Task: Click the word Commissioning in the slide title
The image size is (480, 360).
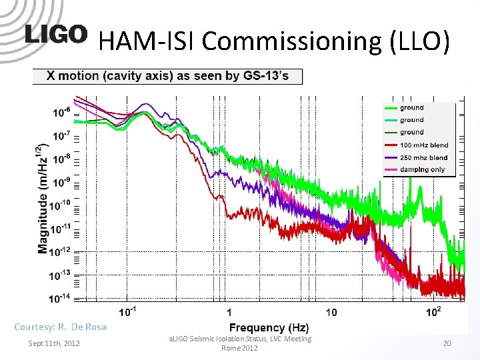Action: (291, 41)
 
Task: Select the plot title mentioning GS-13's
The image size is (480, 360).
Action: (167, 76)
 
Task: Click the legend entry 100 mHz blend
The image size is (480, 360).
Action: (423, 145)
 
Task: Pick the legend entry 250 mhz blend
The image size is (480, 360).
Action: (423, 158)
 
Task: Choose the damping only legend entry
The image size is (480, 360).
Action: (422, 170)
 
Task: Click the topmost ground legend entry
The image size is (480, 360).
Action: (411, 108)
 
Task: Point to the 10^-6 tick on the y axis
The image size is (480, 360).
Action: (62, 112)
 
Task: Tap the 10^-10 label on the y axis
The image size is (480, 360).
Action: (62, 205)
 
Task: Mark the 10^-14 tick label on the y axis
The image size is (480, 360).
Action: (62, 297)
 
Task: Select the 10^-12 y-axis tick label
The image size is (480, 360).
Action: (62, 251)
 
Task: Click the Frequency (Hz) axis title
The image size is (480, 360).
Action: (269, 327)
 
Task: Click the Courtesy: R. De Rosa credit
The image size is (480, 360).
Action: (60, 327)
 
